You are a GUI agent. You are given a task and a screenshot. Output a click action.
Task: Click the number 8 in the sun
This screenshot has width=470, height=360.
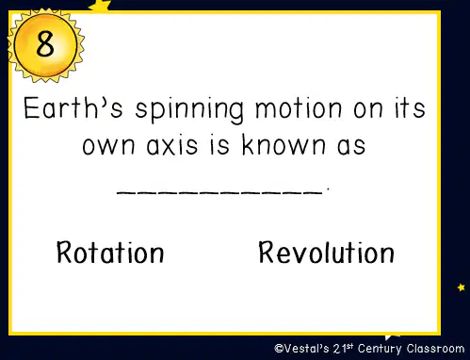[x=45, y=44]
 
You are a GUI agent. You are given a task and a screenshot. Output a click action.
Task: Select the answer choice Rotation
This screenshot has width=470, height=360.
[x=110, y=252]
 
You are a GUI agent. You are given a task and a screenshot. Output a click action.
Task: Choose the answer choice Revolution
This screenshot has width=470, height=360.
[x=326, y=252]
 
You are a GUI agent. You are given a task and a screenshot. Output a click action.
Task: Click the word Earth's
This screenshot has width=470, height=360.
[x=73, y=107]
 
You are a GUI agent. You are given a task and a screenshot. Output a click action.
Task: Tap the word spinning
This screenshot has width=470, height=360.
[x=189, y=110]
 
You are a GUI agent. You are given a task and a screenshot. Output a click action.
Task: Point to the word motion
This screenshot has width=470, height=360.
[x=299, y=108]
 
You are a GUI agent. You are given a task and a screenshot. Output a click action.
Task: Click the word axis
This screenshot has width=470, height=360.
[x=172, y=145]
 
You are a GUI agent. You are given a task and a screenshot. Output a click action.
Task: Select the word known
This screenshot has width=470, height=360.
[x=284, y=144]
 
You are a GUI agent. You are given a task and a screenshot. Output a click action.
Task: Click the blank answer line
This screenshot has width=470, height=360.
[x=219, y=193]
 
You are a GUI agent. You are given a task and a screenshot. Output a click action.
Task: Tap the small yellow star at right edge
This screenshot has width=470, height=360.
[x=461, y=287]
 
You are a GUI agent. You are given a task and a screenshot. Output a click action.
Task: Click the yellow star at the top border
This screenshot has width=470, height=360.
[x=100, y=6]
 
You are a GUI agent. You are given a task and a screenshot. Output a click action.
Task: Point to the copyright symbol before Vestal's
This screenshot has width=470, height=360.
[x=279, y=348]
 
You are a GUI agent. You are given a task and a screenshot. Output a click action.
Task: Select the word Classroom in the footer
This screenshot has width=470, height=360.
[x=435, y=349]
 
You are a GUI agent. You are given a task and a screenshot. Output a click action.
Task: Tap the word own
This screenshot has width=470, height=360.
[x=108, y=146]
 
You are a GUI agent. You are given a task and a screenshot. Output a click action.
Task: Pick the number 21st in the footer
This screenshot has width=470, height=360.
[x=343, y=349]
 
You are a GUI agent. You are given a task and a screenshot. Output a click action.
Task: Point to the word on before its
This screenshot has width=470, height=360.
[x=368, y=110]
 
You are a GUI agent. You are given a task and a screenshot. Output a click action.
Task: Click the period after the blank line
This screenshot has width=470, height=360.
[x=328, y=188]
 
